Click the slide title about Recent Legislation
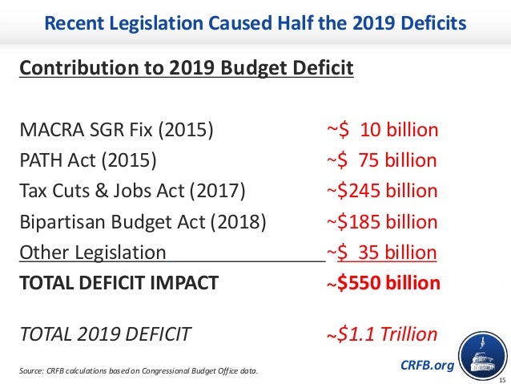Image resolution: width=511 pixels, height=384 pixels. [x=255, y=23]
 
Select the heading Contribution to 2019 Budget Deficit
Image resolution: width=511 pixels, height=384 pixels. [x=186, y=67]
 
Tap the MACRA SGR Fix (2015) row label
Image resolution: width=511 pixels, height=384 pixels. [x=116, y=130]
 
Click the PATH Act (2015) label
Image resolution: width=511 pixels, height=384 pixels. [x=88, y=160]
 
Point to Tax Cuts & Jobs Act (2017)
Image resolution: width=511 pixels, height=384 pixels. [x=132, y=191]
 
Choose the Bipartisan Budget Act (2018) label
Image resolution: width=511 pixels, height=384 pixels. [x=143, y=222]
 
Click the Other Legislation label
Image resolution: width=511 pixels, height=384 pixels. [x=92, y=253]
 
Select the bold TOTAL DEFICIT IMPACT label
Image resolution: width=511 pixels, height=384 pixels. [x=118, y=283]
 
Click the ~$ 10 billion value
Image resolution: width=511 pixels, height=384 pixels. [x=382, y=130]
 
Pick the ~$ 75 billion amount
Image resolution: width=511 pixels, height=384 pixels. [x=381, y=160]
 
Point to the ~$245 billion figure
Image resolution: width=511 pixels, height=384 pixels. [x=381, y=191]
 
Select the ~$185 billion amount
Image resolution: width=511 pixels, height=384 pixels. [x=381, y=222]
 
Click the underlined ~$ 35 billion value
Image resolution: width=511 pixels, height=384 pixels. [x=381, y=253]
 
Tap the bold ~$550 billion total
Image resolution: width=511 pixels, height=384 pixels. [x=382, y=283]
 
